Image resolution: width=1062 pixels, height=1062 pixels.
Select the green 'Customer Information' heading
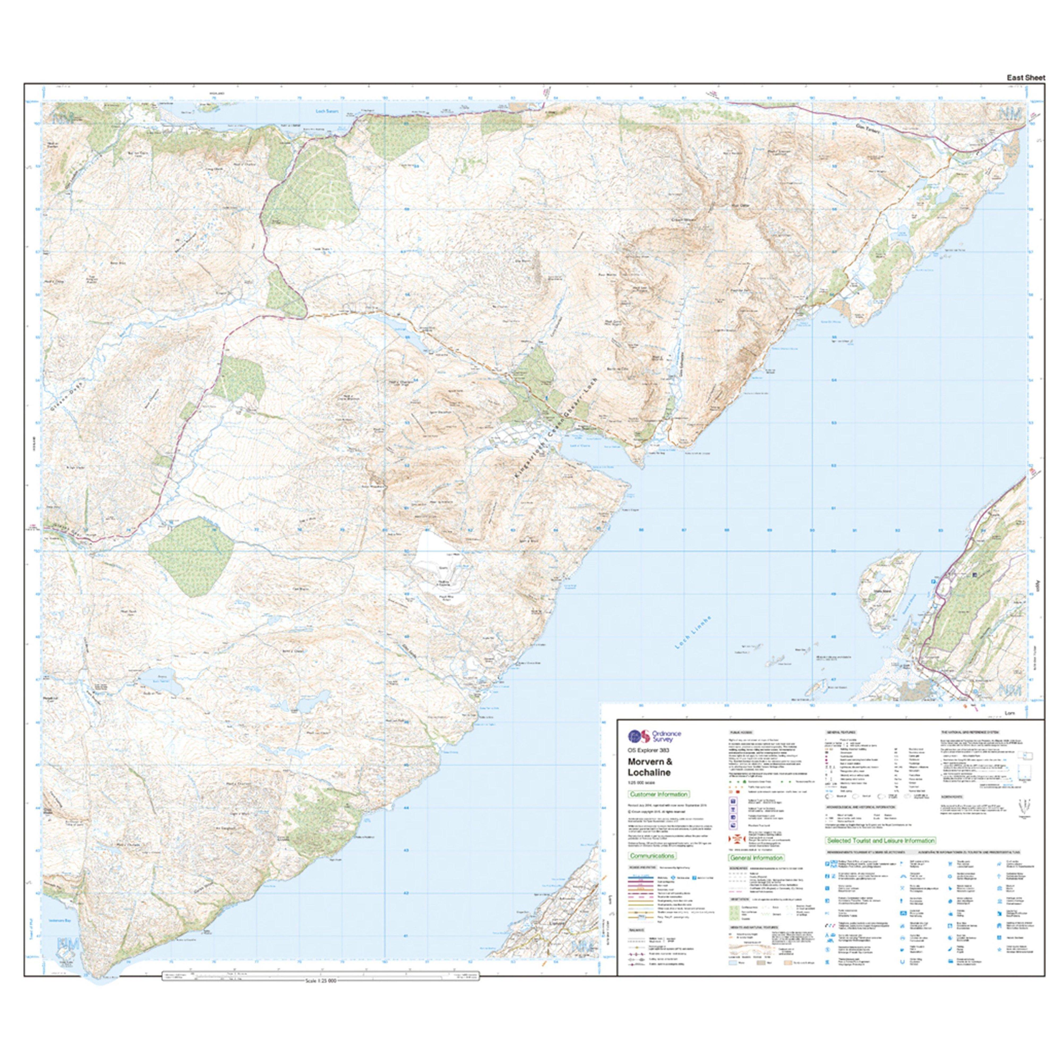658,794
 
